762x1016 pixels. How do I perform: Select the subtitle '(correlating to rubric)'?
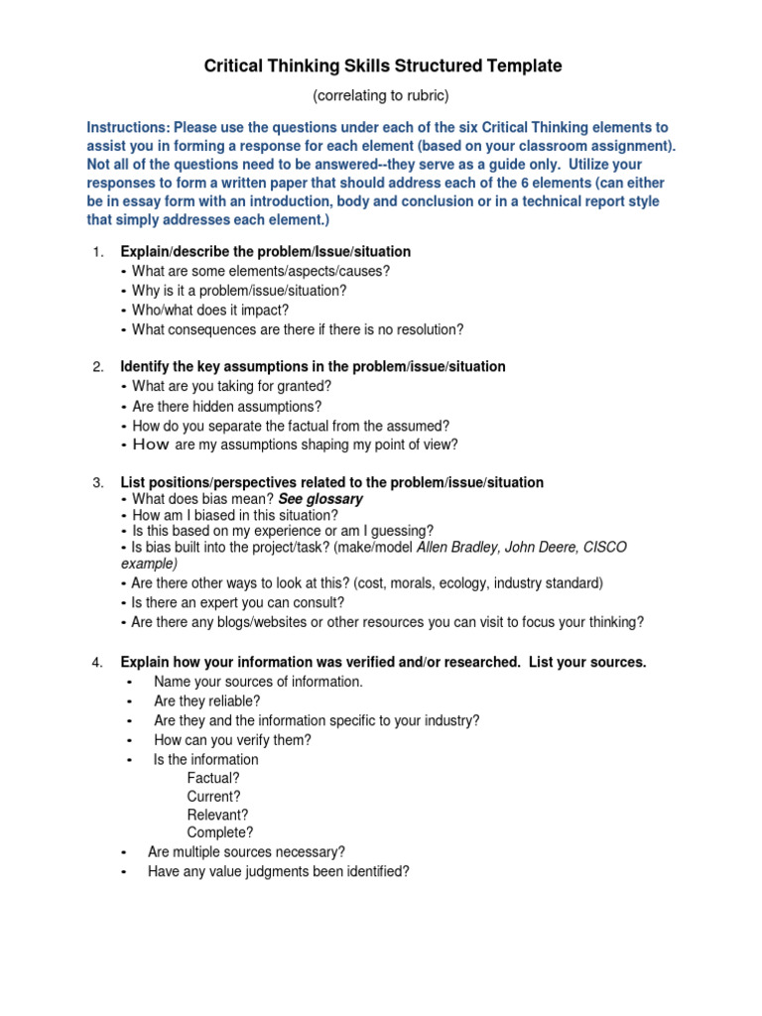[382, 95]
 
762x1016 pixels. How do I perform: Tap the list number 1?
[98, 252]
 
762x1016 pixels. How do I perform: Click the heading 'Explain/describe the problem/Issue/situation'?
[265, 252]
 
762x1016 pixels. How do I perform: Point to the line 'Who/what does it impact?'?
[210, 310]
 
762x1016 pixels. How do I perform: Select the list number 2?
[98, 367]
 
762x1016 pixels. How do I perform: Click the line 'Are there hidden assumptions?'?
[226, 406]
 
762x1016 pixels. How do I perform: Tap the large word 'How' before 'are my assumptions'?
[151, 444]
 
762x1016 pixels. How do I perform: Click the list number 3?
[98, 482]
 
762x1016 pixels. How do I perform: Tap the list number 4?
[98, 662]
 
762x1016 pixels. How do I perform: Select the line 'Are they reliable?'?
[207, 700]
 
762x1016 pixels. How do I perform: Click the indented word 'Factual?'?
[212, 778]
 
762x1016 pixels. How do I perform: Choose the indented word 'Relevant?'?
[217, 815]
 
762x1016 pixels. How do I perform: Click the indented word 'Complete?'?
[219, 832]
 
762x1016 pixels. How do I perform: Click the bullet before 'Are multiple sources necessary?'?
[123, 852]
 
